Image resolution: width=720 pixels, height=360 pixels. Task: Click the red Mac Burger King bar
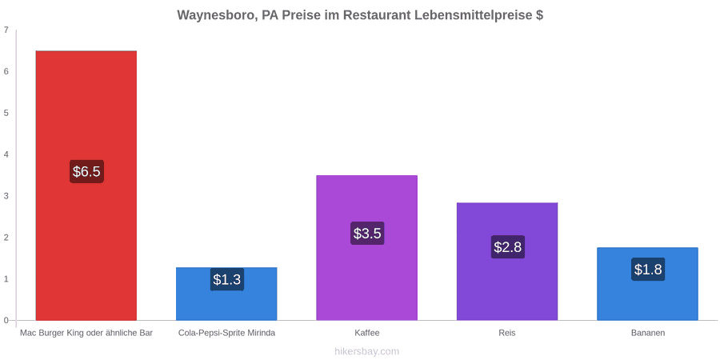[x=86, y=186]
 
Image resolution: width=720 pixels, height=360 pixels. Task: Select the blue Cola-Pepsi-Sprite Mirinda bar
[x=227, y=294]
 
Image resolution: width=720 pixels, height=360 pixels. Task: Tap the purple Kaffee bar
[x=367, y=248]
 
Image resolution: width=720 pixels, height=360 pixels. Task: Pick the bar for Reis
[x=507, y=262]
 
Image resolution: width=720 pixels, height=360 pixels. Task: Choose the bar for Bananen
[x=647, y=284]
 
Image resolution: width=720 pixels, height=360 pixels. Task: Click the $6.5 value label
[x=86, y=172]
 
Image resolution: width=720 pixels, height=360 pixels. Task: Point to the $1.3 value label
[x=227, y=279]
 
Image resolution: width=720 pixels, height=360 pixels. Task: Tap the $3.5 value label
[x=367, y=234]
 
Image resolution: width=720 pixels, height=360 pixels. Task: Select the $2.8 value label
[x=508, y=247]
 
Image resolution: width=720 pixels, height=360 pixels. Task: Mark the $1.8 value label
[x=648, y=270]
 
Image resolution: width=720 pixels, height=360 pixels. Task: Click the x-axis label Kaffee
[x=367, y=334]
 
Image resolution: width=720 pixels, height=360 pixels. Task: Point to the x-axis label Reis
[x=507, y=334]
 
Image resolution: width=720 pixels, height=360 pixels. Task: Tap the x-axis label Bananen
[x=647, y=334]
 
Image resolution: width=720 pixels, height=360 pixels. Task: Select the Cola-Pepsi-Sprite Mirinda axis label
[x=227, y=334]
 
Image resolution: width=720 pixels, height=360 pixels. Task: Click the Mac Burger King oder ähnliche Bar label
[x=86, y=334]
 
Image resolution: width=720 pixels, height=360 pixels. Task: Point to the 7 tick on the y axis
[x=6, y=30]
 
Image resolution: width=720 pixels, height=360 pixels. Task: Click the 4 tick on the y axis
[x=6, y=154]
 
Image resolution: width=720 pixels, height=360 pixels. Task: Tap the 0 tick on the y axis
[x=6, y=321]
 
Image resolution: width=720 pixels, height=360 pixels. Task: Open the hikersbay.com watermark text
[x=367, y=352]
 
